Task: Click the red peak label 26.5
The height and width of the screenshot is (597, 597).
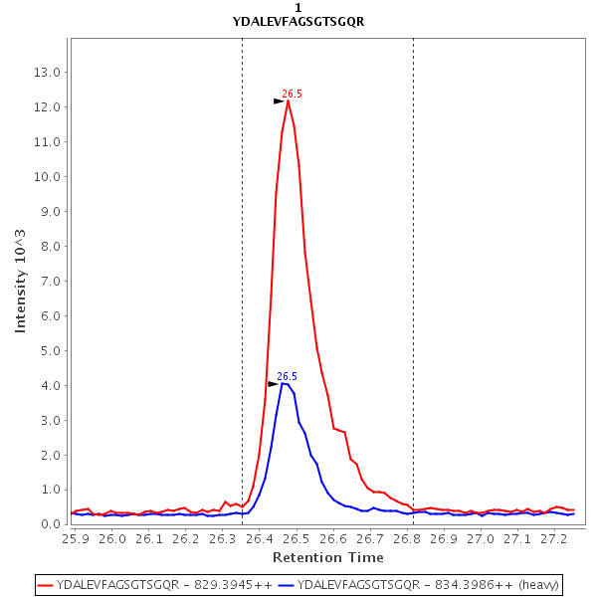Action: pyautogui.click(x=292, y=94)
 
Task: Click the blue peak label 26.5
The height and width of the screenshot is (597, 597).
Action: pyautogui.click(x=287, y=376)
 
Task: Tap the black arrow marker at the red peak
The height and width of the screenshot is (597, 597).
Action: pyautogui.click(x=280, y=101)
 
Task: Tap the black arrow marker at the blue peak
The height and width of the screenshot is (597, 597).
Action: pyautogui.click(x=274, y=384)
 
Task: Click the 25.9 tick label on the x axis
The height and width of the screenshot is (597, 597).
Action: pyautogui.click(x=76, y=538)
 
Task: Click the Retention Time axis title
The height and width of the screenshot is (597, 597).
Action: pyautogui.click(x=320, y=557)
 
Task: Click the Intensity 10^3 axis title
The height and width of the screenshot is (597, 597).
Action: pyautogui.click(x=21, y=281)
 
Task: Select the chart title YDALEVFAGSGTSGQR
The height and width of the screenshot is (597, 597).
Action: pyautogui.click(x=298, y=22)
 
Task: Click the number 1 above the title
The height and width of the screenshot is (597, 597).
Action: pyautogui.click(x=298, y=8)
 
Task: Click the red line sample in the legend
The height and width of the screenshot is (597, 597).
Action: pyautogui.click(x=46, y=585)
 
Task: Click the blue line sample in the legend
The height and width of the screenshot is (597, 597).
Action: pyautogui.click(x=287, y=585)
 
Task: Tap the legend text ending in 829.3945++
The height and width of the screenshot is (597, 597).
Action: pyautogui.click(x=164, y=585)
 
